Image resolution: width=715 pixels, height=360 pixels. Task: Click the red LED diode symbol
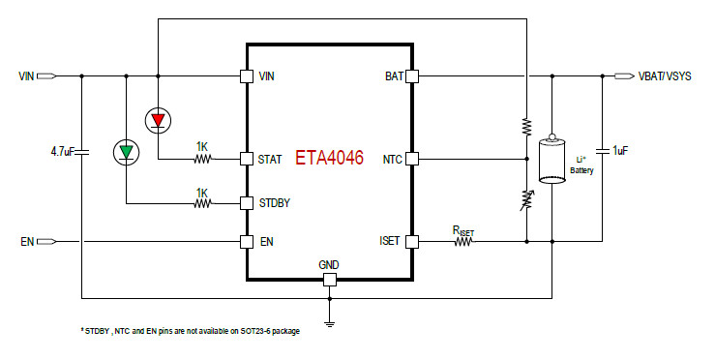tap(157, 120)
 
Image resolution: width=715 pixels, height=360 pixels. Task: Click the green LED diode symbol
tap(126, 151)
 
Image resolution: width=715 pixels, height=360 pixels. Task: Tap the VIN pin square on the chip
tap(246, 75)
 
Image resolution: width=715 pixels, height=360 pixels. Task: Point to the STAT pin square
tap(246, 159)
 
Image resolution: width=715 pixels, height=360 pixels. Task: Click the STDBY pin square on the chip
tap(246, 203)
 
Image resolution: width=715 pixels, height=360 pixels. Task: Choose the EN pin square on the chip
tap(246, 241)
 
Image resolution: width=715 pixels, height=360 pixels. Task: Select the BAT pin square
tap(412, 75)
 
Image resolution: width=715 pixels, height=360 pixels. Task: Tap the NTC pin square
tap(412, 159)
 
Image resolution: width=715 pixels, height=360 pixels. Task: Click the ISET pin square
tap(412, 241)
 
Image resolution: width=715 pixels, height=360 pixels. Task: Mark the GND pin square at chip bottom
tap(329, 280)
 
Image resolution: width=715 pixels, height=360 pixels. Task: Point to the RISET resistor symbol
tap(462, 241)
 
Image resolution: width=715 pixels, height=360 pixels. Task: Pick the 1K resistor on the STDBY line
tap(202, 203)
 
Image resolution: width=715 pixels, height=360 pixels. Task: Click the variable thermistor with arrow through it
tap(525, 199)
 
